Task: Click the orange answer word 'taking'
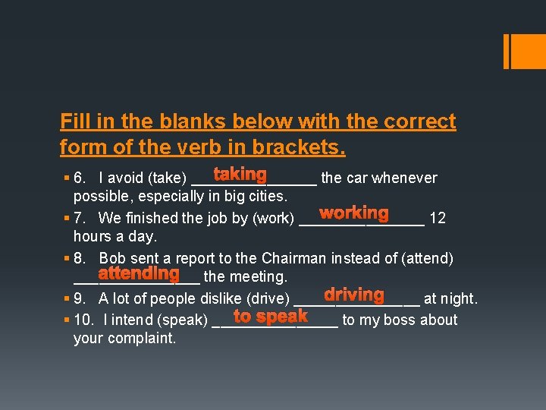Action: [x=240, y=175]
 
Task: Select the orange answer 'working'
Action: [x=353, y=214]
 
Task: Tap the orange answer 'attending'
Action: [x=139, y=273]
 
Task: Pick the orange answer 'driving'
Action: [x=354, y=295]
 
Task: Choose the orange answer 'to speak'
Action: [x=270, y=316]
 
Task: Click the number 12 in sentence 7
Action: [x=437, y=219]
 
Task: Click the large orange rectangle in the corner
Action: [x=524, y=51]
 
